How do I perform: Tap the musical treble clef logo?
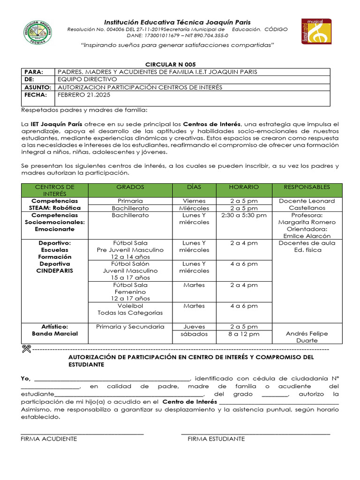tap(316, 32)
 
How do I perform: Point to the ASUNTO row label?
tap(35, 87)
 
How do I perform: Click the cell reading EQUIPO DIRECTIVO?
tap(87, 80)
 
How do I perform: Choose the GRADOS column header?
tap(130, 187)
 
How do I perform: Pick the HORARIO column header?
tap(243, 187)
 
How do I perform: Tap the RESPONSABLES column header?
tap(307, 187)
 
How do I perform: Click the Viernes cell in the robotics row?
tap(194, 201)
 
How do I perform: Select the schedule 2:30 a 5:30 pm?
tap(243, 215)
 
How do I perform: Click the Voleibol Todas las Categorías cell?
tap(130, 309)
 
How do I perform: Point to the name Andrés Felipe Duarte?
tap(307, 337)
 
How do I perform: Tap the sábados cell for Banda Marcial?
tap(194, 334)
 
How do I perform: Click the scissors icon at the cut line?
tap(26, 349)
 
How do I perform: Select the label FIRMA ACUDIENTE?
tap(49, 439)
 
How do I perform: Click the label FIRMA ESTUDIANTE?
tap(216, 439)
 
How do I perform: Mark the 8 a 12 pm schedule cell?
tap(243, 334)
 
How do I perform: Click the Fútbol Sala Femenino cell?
tap(130, 292)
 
